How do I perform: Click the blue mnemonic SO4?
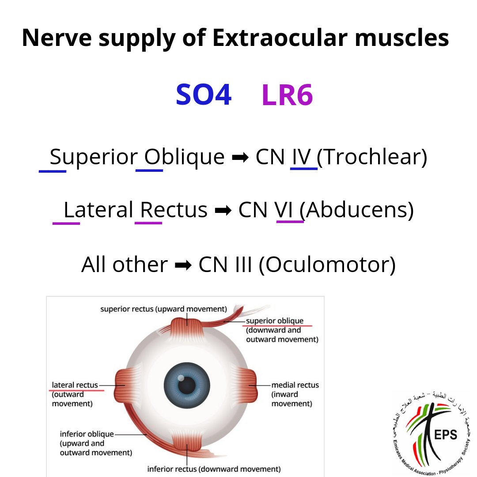[204, 95]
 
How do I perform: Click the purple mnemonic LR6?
[287, 95]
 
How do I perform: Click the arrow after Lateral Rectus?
[220, 211]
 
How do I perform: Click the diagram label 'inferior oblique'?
[87, 434]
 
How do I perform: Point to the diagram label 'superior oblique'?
[275, 321]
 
